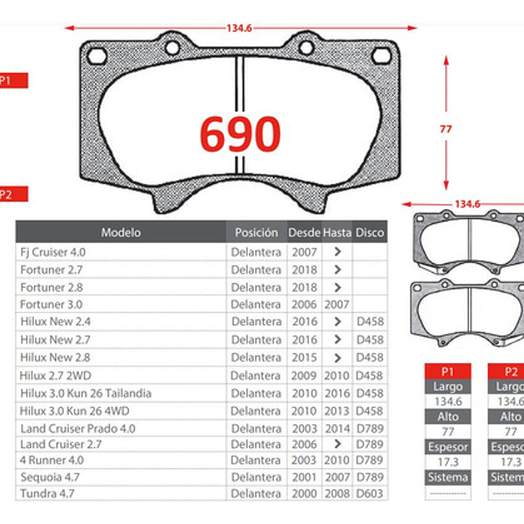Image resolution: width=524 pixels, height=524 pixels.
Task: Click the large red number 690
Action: [240, 133]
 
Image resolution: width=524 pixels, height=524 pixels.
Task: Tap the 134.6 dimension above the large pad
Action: [239, 28]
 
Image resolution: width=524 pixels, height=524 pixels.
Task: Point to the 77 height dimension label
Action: [446, 129]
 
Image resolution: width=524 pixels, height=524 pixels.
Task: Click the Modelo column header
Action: [121, 232]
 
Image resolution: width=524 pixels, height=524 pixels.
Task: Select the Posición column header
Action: [256, 232]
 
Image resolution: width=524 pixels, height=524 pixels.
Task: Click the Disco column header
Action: [370, 232]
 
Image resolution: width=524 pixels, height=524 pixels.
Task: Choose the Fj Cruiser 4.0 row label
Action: [53, 252]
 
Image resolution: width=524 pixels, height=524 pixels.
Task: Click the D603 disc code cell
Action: [370, 494]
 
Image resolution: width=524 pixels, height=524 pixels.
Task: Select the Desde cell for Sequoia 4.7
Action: [303, 477]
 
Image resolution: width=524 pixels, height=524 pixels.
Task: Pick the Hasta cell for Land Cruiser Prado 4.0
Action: [337, 428]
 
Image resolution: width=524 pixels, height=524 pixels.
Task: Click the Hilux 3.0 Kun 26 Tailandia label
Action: [85, 393]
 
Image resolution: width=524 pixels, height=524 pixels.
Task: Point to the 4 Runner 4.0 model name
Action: [52, 460]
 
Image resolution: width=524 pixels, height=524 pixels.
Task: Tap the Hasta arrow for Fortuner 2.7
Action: [337, 270]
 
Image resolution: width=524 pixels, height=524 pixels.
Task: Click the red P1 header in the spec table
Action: [447, 371]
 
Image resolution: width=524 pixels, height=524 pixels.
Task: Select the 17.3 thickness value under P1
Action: [447, 462]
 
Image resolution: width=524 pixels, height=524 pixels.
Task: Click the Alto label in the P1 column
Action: [447, 416]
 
